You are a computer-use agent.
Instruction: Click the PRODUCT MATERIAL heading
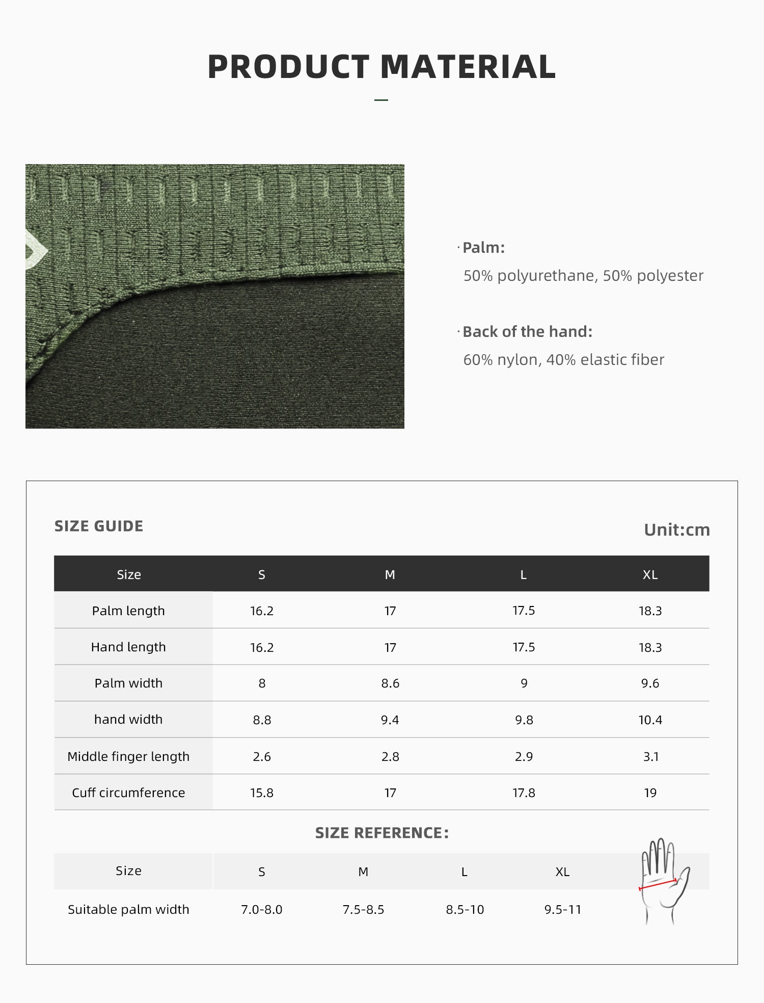coord(381,67)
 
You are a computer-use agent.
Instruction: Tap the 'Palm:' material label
coord(483,248)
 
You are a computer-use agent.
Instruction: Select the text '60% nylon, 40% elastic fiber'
coord(563,360)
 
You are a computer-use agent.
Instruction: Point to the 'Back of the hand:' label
coord(527,332)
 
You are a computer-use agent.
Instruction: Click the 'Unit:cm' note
coord(676,530)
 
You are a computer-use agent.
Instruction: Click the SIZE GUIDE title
coord(99,526)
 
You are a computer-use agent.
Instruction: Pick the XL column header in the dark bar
coord(650,575)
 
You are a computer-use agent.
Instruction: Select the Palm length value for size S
coord(262,611)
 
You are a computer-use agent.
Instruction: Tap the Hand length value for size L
coord(524,647)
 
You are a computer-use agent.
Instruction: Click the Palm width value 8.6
coord(390,683)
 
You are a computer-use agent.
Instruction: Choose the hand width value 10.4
coord(650,720)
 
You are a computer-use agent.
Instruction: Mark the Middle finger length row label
coord(128,756)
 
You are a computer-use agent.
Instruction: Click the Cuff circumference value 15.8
coord(262,793)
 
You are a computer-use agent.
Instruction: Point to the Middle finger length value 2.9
coord(524,756)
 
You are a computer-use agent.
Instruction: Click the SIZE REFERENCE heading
coord(381,833)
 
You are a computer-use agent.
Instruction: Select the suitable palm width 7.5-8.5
coord(363,910)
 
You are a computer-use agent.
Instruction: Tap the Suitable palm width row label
coord(128,910)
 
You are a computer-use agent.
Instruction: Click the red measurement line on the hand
coord(658,884)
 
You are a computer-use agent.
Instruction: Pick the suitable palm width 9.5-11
coord(562,910)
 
